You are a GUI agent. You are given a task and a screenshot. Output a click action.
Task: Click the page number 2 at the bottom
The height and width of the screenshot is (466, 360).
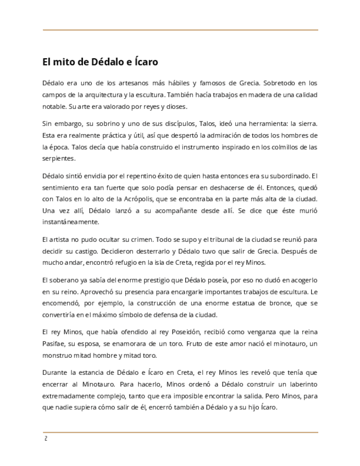(x=46, y=439)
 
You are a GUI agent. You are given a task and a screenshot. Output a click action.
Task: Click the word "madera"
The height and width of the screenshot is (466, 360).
(x=251, y=95)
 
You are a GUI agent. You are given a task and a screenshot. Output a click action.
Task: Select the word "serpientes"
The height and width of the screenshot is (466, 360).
(x=58, y=158)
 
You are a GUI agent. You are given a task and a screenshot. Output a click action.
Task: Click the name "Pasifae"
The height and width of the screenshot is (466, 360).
(x=53, y=343)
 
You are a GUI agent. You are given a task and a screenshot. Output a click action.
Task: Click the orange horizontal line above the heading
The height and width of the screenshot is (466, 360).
(x=180, y=30)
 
